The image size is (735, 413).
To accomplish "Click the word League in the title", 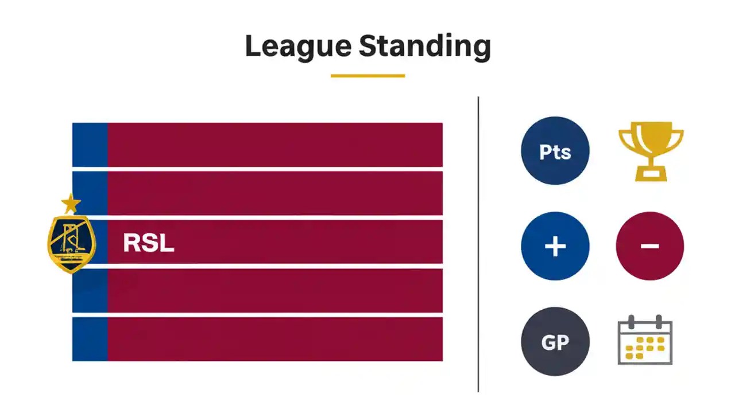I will point(297,46).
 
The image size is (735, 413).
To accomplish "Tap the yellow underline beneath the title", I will point(367,75).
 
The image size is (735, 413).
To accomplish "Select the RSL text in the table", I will point(148,243).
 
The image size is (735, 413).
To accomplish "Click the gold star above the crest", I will point(71,203).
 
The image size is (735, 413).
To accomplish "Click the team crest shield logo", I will point(71,244).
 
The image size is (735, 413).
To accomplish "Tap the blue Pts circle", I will point(555,151).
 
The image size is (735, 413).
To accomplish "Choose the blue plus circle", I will point(555,246).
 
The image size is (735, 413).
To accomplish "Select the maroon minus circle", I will point(649,246).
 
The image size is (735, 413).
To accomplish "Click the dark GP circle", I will point(555,342).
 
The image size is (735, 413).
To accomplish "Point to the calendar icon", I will point(645,340).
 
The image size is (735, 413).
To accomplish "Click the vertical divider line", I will point(478,244).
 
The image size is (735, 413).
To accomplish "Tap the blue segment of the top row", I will point(90,145).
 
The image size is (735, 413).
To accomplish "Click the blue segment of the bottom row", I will point(90,339).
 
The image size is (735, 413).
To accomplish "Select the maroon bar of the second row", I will point(274,193).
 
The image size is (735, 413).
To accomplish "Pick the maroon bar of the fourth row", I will point(274,291).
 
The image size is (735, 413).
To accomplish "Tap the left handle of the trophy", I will point(624,141).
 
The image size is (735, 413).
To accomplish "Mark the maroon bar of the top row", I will point(274,145).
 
